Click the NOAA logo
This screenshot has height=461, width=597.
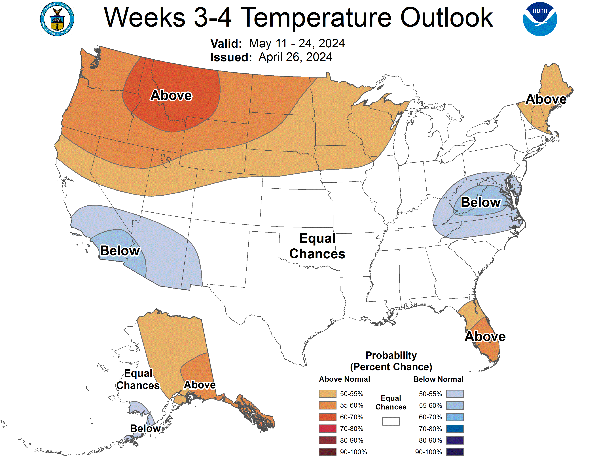point(540,19)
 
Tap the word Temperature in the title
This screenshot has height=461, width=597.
point(317,18)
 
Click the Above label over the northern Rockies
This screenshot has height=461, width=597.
point(171,95)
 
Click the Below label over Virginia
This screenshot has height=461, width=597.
point(480,202)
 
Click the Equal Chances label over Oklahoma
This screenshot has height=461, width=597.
point(317,246)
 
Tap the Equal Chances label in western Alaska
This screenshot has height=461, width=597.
point(138,379)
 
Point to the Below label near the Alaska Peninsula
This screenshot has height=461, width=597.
point(145,428)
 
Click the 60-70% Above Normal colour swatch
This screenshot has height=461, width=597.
point(327,417)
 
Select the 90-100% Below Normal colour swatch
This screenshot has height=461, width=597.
point(455,452)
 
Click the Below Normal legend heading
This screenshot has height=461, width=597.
point(438,379)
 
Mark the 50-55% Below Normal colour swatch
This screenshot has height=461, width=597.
point(455,394)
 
